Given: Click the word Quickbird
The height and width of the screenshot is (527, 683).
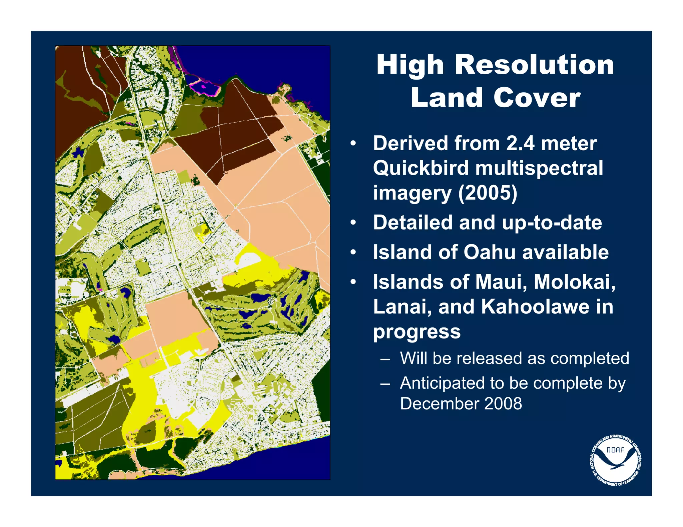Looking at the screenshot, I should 421,168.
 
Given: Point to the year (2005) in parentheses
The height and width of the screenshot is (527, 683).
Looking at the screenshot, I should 488,193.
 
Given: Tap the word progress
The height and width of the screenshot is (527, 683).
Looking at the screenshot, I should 417,332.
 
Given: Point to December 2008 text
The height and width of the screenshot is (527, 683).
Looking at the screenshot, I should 461,404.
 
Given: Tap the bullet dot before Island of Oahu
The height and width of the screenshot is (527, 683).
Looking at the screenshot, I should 353,252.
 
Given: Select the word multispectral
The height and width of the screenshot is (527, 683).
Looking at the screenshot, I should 539,168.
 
